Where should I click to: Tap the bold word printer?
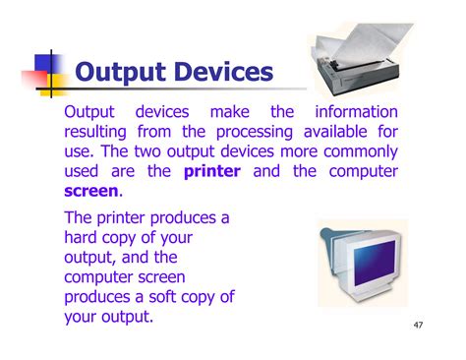coord(217,170)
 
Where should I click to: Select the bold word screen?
coord(90,190)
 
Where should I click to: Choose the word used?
coord(85,170)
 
